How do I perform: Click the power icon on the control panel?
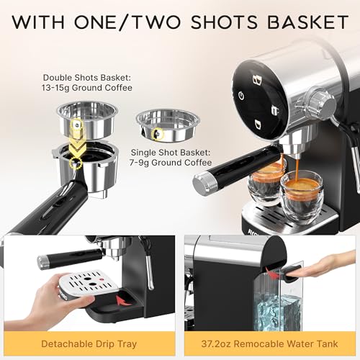click(241, 96)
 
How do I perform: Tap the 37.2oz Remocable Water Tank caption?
click(271, 344)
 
